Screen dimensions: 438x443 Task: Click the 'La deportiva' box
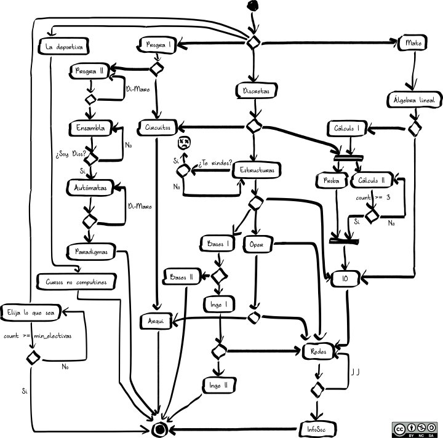click(x=64, y=47)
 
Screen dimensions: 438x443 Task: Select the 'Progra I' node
click(x=158, y=45)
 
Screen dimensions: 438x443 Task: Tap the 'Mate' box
click(x=413, y=43)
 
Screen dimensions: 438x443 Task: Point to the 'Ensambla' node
click(x=90, y=129)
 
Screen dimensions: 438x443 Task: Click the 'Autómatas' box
click(x=90, y=189)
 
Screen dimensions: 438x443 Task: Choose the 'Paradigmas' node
click(x=90, y=251)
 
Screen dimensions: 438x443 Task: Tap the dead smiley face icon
click(x=183, y=143)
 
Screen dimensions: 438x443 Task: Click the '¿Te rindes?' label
click(x=215, y=164)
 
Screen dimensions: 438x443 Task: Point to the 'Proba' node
click(x=328, y=180)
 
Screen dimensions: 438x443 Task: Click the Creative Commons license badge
click(x=415, y=429)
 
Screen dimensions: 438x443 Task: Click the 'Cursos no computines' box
click(x=77, y=282)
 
